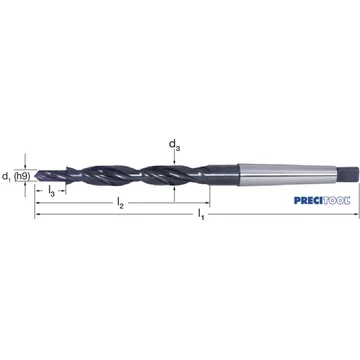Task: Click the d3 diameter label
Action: (x=174, y=145)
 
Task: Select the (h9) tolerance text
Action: (x=22, y=176)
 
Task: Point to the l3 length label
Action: (x=51, y=191)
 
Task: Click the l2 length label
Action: (x=120, y=203)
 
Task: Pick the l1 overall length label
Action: (x=201, y=214)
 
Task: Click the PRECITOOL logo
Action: (x=322, y=200)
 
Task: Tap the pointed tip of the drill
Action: (x=35, y=175)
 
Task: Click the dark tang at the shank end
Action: (x=348, y=174)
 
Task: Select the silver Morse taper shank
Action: (x=287, y=174)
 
